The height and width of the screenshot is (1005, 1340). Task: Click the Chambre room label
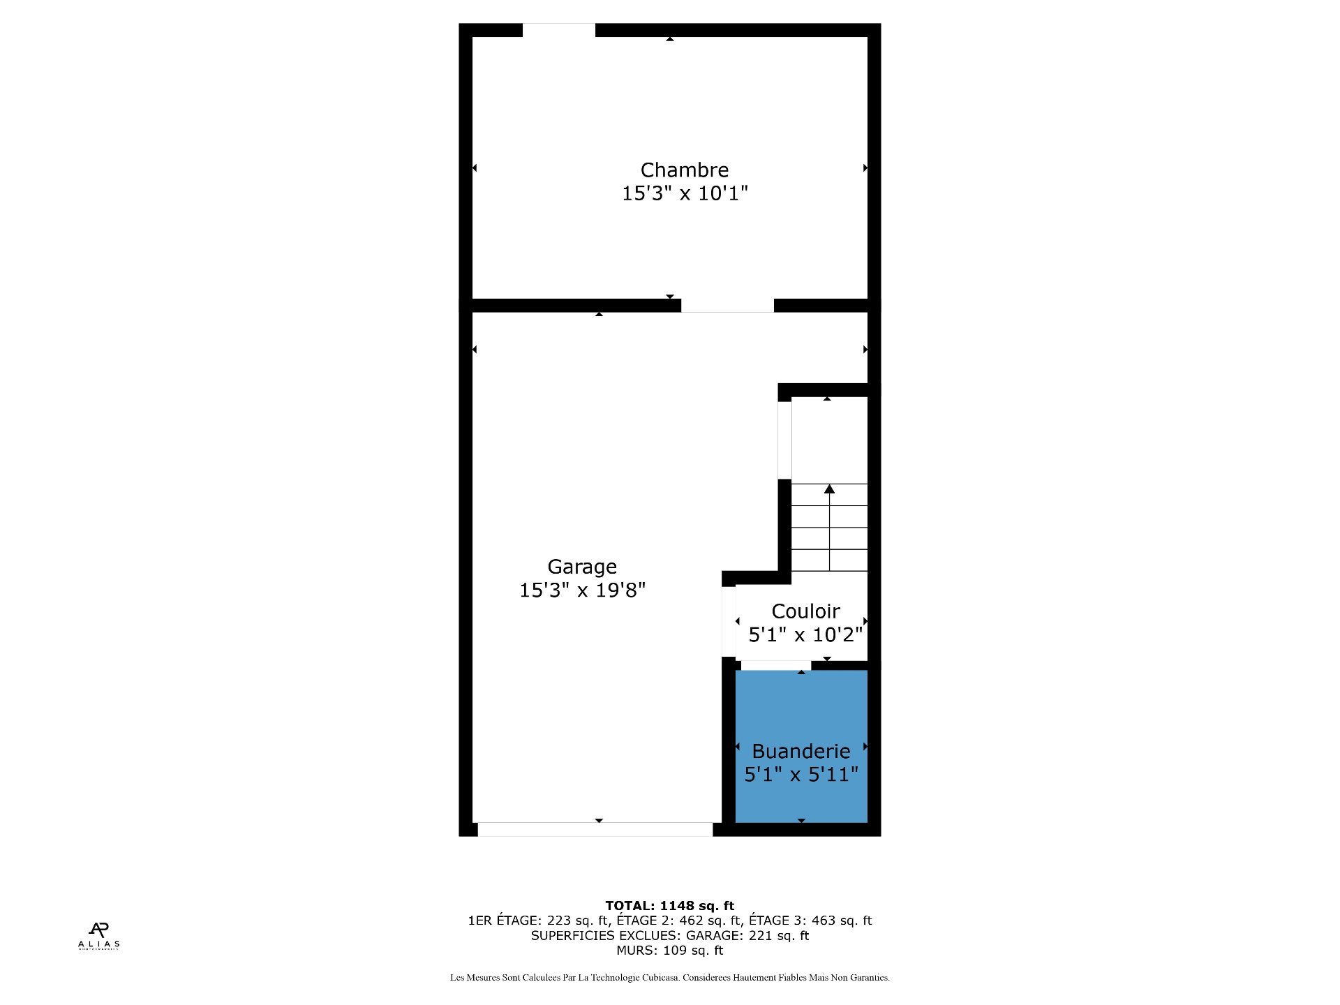tap(684, 170)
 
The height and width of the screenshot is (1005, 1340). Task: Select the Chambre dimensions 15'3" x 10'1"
tap(684, 193)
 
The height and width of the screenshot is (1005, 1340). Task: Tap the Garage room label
tap(582, 567)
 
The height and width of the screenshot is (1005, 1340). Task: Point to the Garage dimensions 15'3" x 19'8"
tap(582, 590)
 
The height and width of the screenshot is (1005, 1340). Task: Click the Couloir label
tap(805, 611)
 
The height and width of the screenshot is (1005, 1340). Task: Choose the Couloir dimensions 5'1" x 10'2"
tap(805, 635)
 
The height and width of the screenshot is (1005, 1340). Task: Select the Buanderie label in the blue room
tap(801, 752)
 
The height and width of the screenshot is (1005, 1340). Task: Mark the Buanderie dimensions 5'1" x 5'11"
tap(801, 775)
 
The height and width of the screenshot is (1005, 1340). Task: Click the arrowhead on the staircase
tap(829, 489)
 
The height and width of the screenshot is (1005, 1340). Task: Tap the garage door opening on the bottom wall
tap(595, 829)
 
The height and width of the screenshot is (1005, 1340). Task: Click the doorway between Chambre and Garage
tap(727, 306)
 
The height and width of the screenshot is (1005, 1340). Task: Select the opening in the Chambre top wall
tap(558, 30)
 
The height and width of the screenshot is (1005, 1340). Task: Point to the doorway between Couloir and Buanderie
tap(775, 665)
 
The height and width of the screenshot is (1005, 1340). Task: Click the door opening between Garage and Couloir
tap(729, 621)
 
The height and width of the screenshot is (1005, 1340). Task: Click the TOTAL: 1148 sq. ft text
tap(669, 906)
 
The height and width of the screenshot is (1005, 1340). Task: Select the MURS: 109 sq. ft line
tap(669, 951)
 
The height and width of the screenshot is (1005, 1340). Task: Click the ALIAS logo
tap(98, 936)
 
